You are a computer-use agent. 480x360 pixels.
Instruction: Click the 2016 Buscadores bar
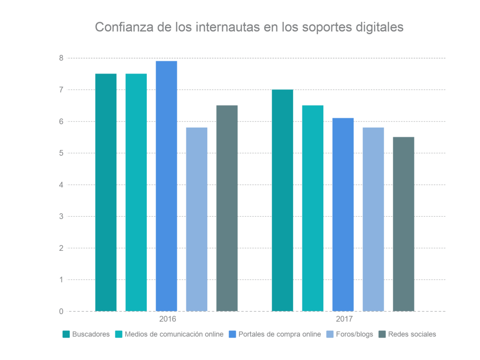point(106,192)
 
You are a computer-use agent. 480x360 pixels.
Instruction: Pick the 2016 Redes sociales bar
point(227,208)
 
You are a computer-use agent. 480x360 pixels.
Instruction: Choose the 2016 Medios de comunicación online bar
point(136,192)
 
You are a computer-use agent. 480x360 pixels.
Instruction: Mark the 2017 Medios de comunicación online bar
point(313,208)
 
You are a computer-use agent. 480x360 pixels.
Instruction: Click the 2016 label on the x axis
point(167,320)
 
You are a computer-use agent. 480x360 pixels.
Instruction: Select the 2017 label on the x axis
point(344,320)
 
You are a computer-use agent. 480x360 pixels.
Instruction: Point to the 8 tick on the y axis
point(61,58)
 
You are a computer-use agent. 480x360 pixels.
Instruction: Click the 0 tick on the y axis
point(61,311)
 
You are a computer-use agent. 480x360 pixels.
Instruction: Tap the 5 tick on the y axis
point(61,153)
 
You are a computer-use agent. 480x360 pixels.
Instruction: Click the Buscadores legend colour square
point(66,334)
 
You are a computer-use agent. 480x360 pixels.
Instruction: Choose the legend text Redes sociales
point(412,334)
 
